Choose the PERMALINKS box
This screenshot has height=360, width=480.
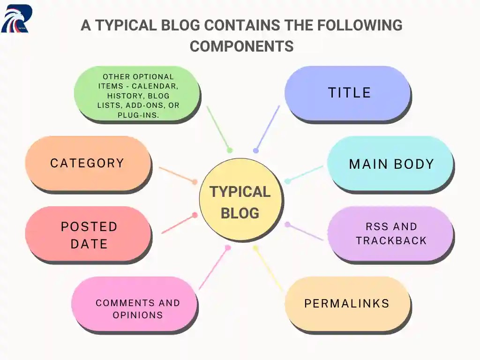(347, 303)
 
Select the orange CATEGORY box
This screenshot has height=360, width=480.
(88, 163)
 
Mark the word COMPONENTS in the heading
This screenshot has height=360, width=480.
(241, 46)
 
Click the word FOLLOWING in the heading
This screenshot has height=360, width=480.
(356, 25)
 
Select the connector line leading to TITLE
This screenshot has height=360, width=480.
(268, 128)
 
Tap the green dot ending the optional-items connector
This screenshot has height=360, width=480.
(230, 150)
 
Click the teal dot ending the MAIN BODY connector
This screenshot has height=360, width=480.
(287, 181)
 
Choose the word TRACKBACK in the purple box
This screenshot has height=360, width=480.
(391, 240)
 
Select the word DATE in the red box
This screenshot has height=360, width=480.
(89, 244)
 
